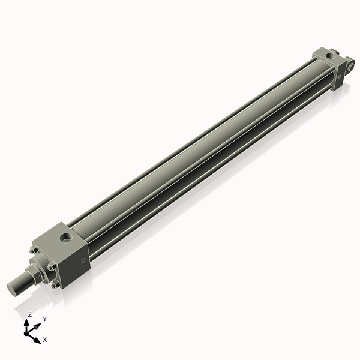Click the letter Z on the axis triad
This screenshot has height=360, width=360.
[x=30, y=314]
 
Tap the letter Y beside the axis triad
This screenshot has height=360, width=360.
[x=44, y=319]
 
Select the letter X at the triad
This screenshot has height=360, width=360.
[x=45, y=340]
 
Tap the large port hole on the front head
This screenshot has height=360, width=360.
[x=66, y=238]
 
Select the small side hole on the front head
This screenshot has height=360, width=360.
[x=82, y=260]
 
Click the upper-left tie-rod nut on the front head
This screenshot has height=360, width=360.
[x=33, y=250]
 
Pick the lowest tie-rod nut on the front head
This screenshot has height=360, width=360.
[x=55, y=285]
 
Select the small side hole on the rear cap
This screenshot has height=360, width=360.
[x=340, y=77]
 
